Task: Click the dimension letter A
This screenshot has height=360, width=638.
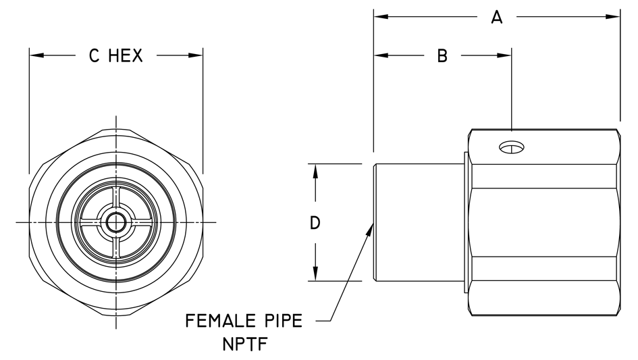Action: pyautogui.click(x=496, y=18)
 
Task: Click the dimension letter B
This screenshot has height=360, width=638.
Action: pyautogui.click(x=442, y=56)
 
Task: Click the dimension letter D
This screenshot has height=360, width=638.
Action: pyautogui.click(x=315, y=223)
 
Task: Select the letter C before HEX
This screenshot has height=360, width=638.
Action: pyautogui.click(x=94, y=56)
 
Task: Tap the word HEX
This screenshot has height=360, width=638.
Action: pyautogui.click(x=126, y=56)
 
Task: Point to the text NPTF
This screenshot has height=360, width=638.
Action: pyautogui.click(x=245, y=344)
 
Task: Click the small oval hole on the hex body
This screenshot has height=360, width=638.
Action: pyautogui.click(x=512, y=148)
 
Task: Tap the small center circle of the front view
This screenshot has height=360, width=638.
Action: pyautogui.click(x=116, y=222)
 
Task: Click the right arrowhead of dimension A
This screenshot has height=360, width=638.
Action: pyautogui.click(x=613, y=17)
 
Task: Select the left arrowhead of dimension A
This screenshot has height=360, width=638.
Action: pyautogui.click(x=381, y=17)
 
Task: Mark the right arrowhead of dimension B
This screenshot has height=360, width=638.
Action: pyautogui.click(x=504, y=55)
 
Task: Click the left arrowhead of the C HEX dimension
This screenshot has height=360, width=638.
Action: pyautogui.click(x=36, y=55)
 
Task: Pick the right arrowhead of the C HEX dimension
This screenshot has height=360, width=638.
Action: pyautogui.click(x=195, y=55)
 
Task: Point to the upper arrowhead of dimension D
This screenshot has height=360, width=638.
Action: pyautogui.click(x=315, y=172)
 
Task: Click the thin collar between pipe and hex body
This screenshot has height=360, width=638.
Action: pyautogui.click(x=466, y=222)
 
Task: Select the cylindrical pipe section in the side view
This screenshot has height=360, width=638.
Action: pyautogui.click(x=419, y=222)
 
